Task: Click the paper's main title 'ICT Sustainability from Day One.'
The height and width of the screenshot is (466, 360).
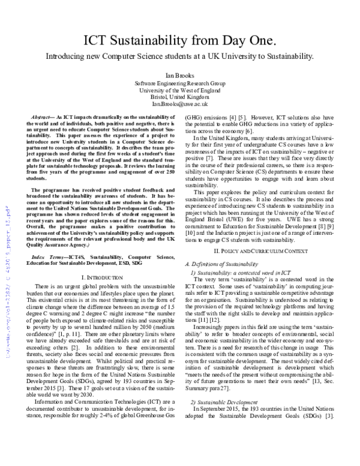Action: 179,40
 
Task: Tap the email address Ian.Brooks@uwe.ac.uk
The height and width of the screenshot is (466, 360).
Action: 179,103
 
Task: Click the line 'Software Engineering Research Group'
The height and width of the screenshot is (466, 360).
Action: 179,83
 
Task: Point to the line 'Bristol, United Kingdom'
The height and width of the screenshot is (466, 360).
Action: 179,97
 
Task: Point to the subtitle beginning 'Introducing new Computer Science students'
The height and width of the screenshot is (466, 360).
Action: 179,57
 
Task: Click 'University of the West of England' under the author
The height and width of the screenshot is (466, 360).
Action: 179,90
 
